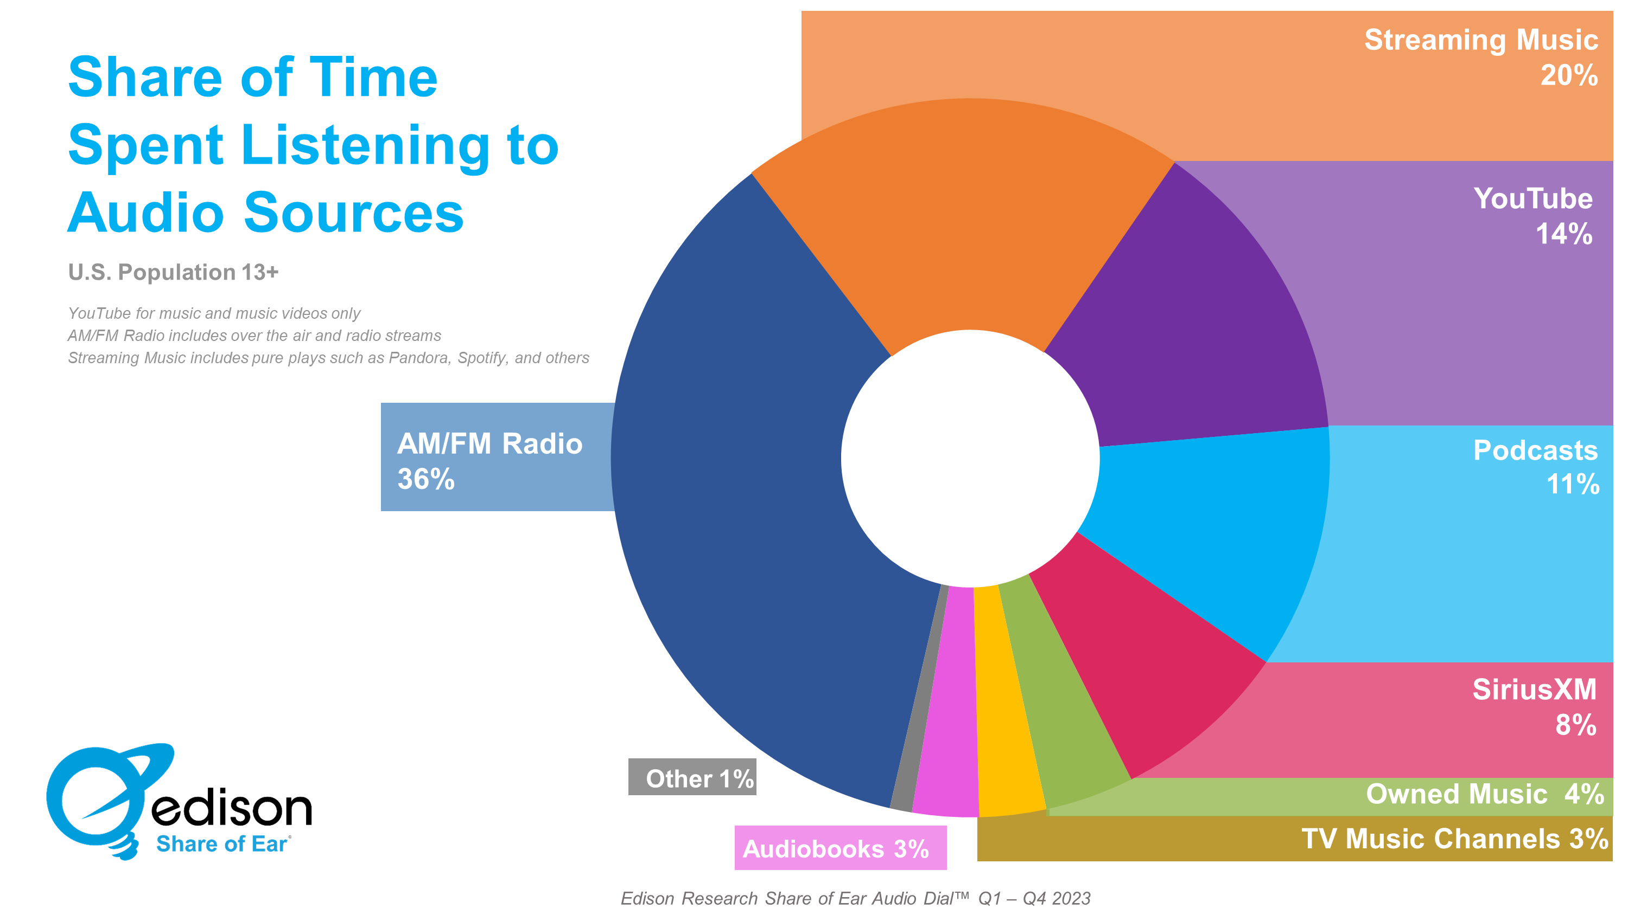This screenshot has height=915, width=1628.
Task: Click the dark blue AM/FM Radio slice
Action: tap(746, 505)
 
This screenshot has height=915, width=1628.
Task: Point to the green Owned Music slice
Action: tap(1062, 707)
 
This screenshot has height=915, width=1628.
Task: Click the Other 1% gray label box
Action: tap(692, 777)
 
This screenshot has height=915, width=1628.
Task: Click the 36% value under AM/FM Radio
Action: tap(425, 479)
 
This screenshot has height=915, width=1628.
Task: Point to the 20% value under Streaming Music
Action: tap(1569, 76)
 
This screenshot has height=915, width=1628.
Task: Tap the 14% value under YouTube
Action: tap(1563, 234)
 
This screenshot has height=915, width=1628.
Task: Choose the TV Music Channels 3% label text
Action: tap(1454, 839)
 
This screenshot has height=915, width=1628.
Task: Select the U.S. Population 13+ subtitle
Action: tap(173, 272)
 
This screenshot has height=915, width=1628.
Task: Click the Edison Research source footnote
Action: tap(855, 898)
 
